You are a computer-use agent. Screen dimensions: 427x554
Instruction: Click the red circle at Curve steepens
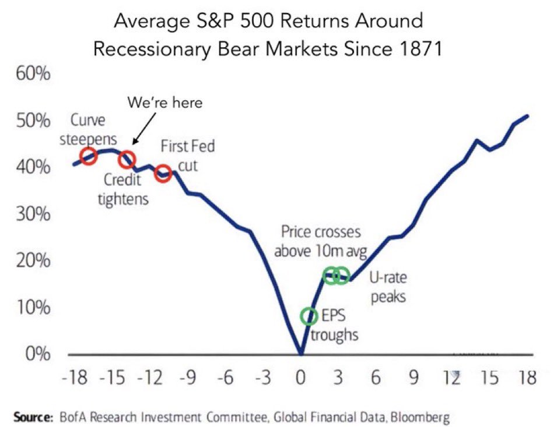point(88,156)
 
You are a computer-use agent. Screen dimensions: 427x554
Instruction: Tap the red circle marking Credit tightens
point(127,159)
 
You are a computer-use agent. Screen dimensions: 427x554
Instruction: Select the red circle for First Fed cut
point(164,173)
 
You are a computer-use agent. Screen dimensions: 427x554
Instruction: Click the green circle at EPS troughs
point(310,316)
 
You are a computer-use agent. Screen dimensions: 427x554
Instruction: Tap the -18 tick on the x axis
point(74,379)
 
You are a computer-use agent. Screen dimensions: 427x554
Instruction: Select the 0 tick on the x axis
point(301,379)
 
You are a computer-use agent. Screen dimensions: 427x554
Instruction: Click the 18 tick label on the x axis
point(527,379)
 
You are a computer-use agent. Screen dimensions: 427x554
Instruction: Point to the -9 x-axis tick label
point(187,379)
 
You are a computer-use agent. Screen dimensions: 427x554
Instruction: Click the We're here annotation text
point(166,103)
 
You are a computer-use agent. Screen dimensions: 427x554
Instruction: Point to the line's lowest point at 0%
point(301,353)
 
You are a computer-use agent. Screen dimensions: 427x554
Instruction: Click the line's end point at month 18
point(528,115)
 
